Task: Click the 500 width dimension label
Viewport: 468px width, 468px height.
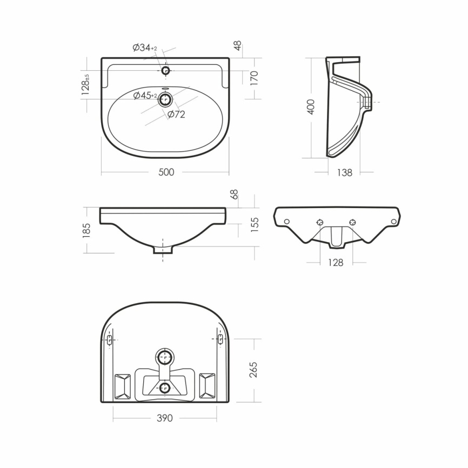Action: coord(166,172)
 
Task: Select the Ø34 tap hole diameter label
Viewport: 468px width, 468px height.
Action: coord(145,47)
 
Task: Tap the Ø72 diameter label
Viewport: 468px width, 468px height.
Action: coord(176,114)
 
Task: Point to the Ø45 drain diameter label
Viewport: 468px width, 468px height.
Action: coord(145,95)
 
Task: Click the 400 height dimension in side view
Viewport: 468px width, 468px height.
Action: coord(311,106)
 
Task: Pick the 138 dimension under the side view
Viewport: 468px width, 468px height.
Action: coord(344,172)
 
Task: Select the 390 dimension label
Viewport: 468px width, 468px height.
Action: coord(165,418)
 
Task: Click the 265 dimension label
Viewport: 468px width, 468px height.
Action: coord(253,370)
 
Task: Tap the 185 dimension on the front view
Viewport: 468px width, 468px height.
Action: coord(86,230)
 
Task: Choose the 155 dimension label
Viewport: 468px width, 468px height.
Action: coord(255,225)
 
